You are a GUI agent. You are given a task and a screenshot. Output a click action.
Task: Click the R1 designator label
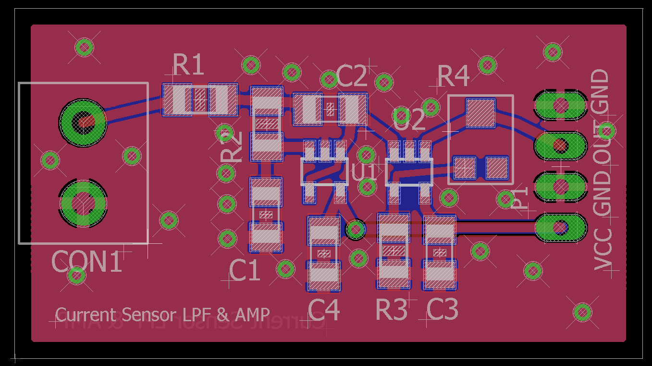coord(188,65)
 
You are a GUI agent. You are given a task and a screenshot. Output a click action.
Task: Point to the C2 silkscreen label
coord(352,76)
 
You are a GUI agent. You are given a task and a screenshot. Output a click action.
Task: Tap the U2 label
coord(409,119)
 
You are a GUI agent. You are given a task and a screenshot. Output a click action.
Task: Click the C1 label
coord(245,270)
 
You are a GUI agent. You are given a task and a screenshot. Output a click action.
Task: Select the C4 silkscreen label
coord(324,310)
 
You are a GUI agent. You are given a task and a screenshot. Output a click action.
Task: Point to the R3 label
coord(392,310)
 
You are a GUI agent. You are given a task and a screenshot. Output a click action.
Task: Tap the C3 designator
coord(442,310)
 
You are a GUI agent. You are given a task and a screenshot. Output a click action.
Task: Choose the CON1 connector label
coord(86,263)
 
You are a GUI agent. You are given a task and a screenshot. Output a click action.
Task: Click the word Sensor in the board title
coord(148,315)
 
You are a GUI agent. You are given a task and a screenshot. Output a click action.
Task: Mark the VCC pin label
coord(603,249)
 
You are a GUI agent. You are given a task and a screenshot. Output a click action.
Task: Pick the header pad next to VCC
coord(560,227)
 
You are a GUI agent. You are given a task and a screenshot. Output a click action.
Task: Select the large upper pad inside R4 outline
coord(480,114)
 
